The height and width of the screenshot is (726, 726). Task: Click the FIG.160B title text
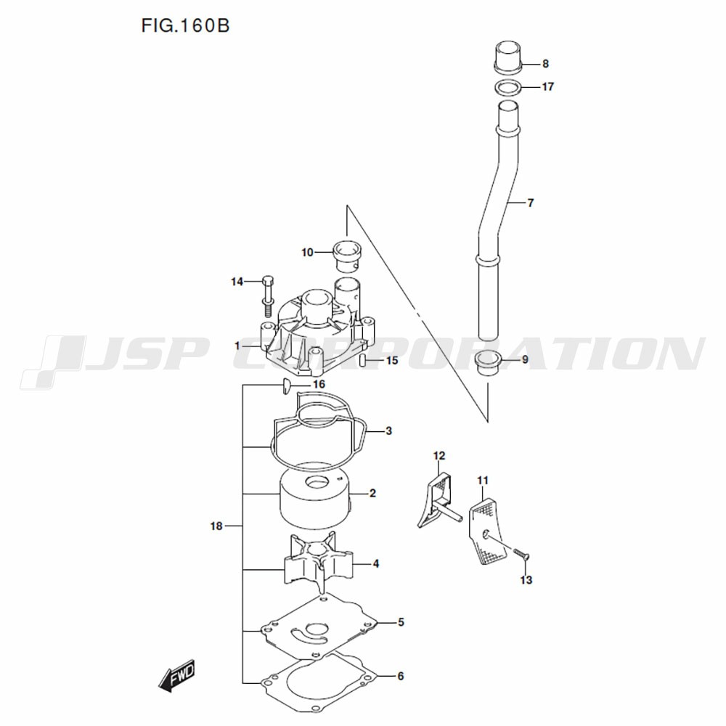pos(185,26)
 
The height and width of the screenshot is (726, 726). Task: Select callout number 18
pos(216,526)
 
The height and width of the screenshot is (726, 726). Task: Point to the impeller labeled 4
pos(319,560)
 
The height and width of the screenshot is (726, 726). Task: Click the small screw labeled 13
pos(521,553)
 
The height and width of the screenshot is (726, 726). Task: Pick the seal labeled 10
pos(347,256)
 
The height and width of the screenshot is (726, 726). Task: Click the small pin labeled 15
pos(363,360)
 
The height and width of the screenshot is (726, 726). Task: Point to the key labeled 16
pos(285,386)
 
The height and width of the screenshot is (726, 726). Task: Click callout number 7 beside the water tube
pos(530,203)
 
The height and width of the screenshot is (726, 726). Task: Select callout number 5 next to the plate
pos(401,622)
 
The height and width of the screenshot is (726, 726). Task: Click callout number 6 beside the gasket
pos(401,677)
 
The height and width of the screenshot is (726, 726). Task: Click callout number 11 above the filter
pos(483,481)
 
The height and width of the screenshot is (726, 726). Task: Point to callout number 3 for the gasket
pos(388,431)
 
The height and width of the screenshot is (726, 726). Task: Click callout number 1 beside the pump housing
pos(237,346)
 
